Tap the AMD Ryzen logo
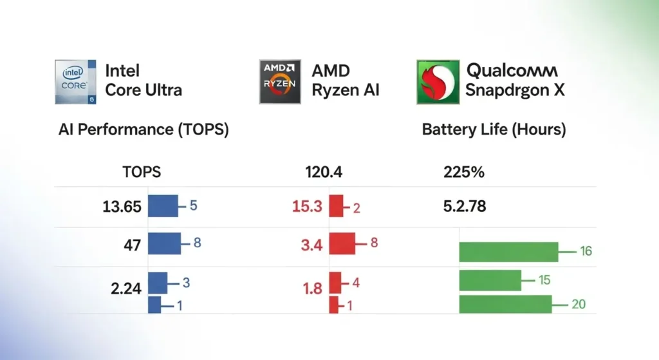[x=280, y=82]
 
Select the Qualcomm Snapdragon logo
[x=438, y=82]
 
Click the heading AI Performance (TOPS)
[x=144, y=129]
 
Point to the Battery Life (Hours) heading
[x=494, y=129]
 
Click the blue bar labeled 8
[x=165, y=243]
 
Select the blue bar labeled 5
[x=163, y=206]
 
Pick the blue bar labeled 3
[x=158, y=283]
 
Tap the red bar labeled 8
[x=342, y=243]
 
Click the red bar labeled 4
[x=335, y=283]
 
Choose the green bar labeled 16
[x=508, y=252]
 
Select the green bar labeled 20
[x=505, y=304]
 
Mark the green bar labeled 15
[x=490, y=280]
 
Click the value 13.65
[x=122, y=207]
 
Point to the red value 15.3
[x=306, y=207]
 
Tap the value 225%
[x=464, y=172]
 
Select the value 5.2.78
[x=465, y=207]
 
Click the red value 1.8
[x=312, y=289]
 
